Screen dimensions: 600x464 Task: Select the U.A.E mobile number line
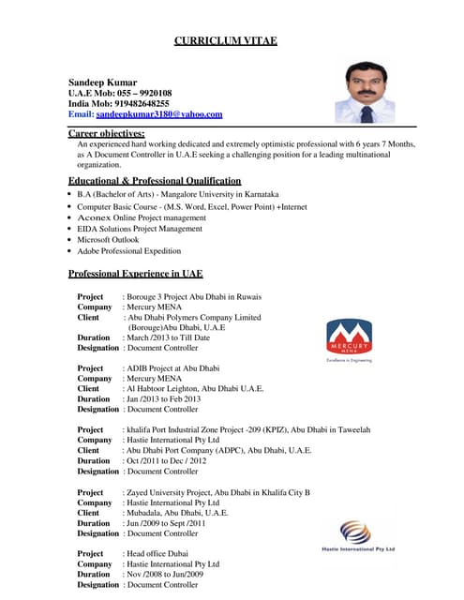click(119, 93)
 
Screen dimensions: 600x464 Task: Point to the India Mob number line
click(118, 103)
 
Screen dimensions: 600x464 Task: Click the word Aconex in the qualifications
click(95, 217)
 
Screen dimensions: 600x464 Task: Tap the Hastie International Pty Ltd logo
click(358, 536)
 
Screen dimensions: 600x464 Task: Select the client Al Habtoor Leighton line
click(194, 388)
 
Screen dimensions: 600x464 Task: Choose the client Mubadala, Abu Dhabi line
click(176, 513)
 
